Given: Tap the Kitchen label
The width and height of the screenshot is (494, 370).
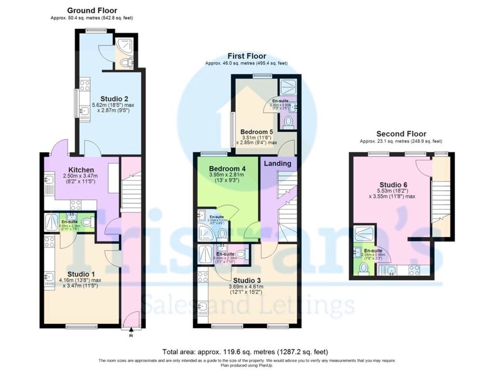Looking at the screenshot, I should (81, 170).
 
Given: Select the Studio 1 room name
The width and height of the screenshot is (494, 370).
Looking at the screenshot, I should (78, 274).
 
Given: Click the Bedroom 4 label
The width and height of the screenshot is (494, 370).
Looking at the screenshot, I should (227, 169).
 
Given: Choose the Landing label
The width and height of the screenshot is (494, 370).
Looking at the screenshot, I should (277, 164).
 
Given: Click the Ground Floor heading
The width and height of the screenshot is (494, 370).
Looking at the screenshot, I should (92, 11).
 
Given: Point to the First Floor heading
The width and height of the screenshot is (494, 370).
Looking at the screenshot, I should (247, 56).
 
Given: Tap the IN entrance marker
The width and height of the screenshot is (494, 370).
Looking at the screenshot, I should (131, 336).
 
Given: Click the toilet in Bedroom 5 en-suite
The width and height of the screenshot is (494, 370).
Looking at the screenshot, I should (289, 122).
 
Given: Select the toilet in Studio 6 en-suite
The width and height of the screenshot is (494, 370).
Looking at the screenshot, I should (363, 268).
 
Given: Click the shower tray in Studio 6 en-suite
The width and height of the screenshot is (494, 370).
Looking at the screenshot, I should (364, 235).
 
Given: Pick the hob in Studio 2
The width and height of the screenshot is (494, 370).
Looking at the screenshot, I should (84, 86).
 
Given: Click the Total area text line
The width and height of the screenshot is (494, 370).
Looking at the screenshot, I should (245, 352).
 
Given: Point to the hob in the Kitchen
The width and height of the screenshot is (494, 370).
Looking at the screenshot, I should (76, 204).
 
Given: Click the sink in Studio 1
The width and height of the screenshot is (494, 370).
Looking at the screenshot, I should (49, 277).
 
